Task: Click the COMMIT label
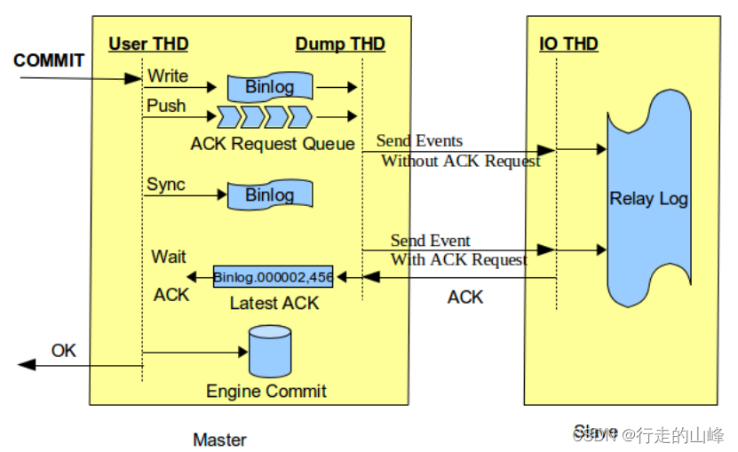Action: [x=49, y=60]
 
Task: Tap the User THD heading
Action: [x=148, y=44]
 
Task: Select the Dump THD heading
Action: [x=340, y=44]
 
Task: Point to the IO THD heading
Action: [x=568, y=44]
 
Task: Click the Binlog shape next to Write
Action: [x=269, y=87]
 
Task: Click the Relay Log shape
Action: [x=648, y=199]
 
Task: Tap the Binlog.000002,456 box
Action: [x=273, y=277]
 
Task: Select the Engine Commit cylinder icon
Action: [x=270, y=351]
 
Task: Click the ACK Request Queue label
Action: [x=272, y=144]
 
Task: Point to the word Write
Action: [x=167, y=75]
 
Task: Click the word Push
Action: [x=166, y=106]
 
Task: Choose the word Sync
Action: [x=166, y=185]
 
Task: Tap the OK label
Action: [x=64, y=350]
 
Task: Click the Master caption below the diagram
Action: [x=219, y=439]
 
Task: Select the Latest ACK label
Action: [x=274, y=303]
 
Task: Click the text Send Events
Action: [x=419, y=140]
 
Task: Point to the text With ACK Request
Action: [x=459, y=259]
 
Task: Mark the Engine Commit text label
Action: [x=266, y=391]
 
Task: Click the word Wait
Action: [x=169, y=257]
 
